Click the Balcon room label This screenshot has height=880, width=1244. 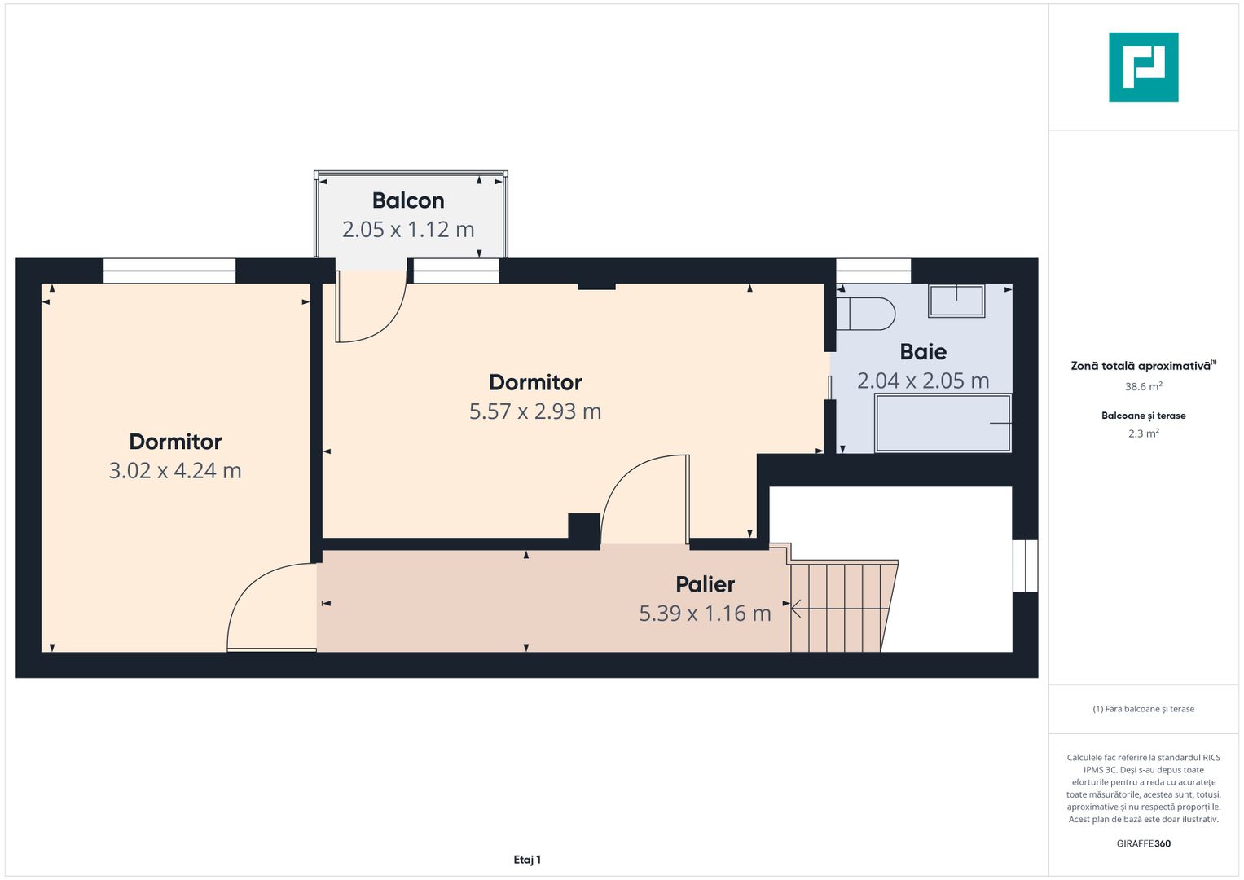pyautogui.click(x=408, y=200)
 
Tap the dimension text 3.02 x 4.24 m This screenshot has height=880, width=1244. pyautogui.click(x=175, y=471)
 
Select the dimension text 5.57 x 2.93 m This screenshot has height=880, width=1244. pyautogui.click(x=535, y=411)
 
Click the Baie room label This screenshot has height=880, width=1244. pyautogui.click(x=923, y=352)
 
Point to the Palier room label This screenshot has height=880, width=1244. pyautogui.click(x=705, y=584)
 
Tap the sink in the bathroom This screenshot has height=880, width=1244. pyautogui.click(x=956, y=301)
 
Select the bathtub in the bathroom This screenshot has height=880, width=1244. pyautogui.click(x=943, y=423)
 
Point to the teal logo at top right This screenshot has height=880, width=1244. pyautogui.click(x=1143, y=68)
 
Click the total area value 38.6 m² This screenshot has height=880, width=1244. pyautogui.click(x=1143, y=387)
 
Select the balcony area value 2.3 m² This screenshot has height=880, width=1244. pyautogui.click(x=1143, y=433)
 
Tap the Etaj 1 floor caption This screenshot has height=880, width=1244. pyautogui.click(x=527, y=860)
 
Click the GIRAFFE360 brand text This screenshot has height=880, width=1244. pyautogui.click(x=1143, y=843)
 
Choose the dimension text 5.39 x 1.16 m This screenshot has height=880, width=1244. pyautogui.click(x=705, y=614)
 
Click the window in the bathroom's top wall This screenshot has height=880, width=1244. pyautogui.click(x=873, y=271)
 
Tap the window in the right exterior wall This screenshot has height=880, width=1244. pyautogui.click(x=1025, y=565)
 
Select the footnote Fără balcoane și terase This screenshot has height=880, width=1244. pyautogui.click(x=1143, y=709)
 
